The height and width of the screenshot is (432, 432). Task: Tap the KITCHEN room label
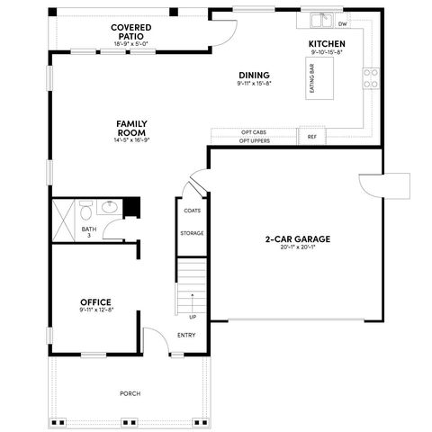[327, 44]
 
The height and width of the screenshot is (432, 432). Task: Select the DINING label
[254, 75]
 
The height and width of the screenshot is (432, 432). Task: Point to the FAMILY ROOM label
[131, 127]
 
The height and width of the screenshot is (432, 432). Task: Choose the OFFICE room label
[94, 302]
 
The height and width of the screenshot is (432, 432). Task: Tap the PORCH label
[130, 394]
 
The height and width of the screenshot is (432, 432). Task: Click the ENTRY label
[186, 336]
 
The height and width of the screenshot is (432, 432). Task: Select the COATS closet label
[192, 211]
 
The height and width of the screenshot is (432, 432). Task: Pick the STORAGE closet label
[192, 233]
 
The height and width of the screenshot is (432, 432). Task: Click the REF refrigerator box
[311, 138]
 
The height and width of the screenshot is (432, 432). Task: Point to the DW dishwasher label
[342, 24]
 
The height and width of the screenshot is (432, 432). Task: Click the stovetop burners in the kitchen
[370, 79]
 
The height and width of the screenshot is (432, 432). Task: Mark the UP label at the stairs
[192, 316]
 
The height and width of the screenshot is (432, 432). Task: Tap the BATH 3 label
[89, 232]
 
